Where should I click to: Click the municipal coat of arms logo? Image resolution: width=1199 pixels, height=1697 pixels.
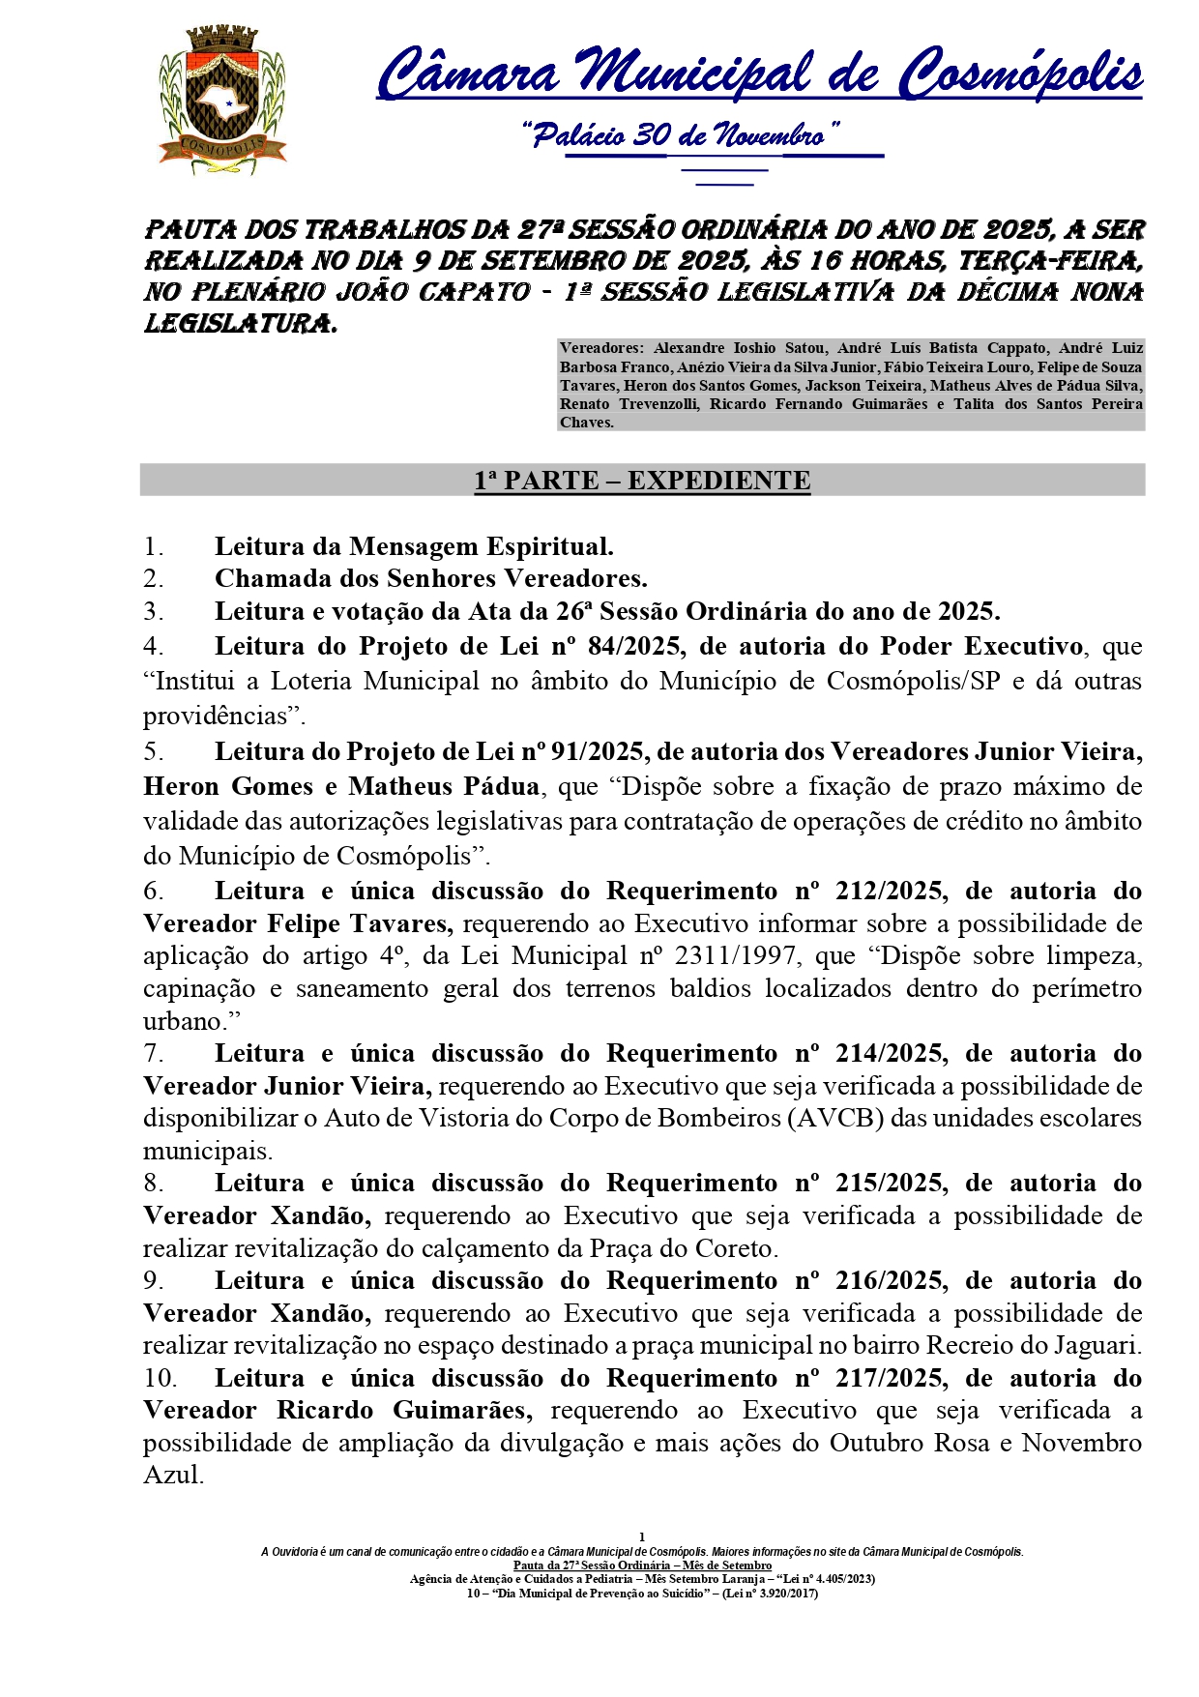[223, 101]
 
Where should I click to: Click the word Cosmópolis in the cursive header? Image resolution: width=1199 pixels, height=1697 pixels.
[1020, 75]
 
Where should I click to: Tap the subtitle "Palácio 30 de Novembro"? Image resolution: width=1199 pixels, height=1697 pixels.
[681, 135]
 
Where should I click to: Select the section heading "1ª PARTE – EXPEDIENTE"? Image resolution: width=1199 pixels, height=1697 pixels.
[642, 481]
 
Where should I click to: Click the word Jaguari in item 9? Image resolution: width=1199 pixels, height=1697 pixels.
[1096, 1345]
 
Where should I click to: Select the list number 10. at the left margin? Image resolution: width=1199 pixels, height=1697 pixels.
[161, 1378]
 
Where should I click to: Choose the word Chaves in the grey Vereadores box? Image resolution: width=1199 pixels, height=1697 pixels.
[585, 423]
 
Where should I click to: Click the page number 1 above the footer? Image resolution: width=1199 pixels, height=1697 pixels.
[642, 1536]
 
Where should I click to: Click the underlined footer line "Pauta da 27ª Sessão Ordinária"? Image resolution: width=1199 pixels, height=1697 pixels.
[642, 1565]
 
